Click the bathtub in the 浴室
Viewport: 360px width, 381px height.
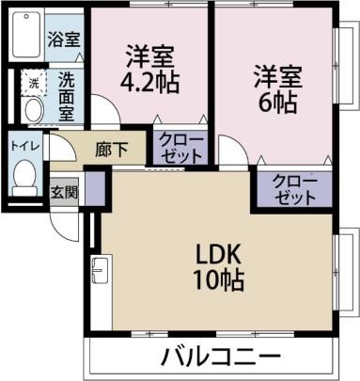click(27, 35)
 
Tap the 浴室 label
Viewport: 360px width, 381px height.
click(64, 40)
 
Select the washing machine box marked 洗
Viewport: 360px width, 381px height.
click(34, 83)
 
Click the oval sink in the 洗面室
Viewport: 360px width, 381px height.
click(34, 109)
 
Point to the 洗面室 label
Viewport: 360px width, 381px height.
click(67, 97)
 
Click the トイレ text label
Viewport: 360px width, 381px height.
click(24, 146)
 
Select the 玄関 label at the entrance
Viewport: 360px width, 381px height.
click(64, 192)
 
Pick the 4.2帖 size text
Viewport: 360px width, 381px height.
click(149, 83)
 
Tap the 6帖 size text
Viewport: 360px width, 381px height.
click(277, 103)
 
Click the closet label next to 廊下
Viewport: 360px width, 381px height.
click(180, 148)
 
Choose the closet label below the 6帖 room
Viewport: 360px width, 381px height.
click(294, 189)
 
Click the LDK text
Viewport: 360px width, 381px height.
click(218, 255)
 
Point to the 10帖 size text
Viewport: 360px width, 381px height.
click(219, 279)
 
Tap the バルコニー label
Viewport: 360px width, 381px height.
click(220, 357)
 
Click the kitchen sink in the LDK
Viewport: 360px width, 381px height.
click(101, 269)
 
